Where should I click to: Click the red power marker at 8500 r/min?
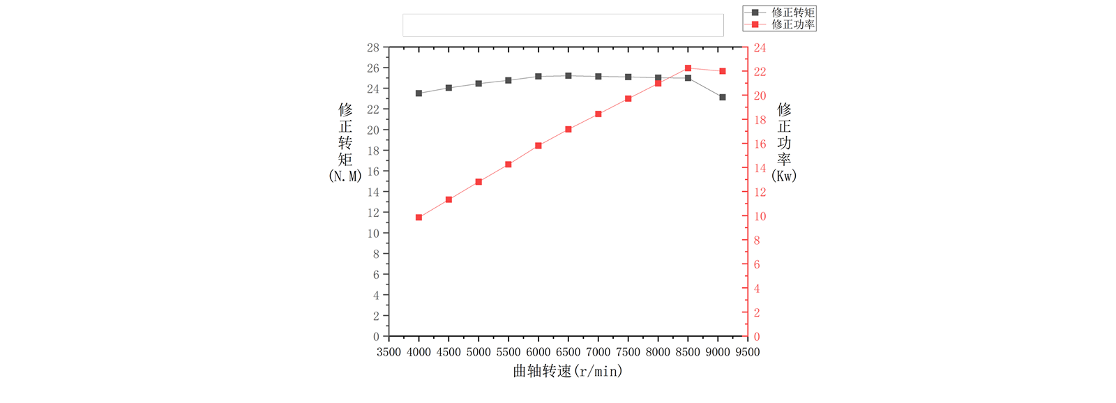coord(688,68)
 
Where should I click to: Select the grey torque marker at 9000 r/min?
coord(723,98)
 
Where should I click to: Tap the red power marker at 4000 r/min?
coord(418,218)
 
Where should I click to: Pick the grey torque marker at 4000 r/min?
coord(418,93)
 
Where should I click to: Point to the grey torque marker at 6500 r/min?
coord(568,76)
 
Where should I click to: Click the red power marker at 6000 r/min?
coord(538,146)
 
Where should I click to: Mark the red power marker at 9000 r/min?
coord(723,71)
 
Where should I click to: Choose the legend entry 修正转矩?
coord(792,13)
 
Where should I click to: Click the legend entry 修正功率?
coord(792,24)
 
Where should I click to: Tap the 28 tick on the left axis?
coord(373,48)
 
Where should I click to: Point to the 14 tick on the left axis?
coord(373,192)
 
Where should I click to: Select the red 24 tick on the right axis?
coord(760,48)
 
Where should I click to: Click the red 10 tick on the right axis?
coord(760,217)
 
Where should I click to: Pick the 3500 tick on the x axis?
coord(389,352)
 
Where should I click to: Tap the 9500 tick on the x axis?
coord(747,352)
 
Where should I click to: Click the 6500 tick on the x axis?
coord(568,352)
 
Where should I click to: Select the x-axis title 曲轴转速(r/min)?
coord(568,372)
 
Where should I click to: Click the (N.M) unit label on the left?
coord(345,176)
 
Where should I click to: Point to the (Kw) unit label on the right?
coord(784,176)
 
